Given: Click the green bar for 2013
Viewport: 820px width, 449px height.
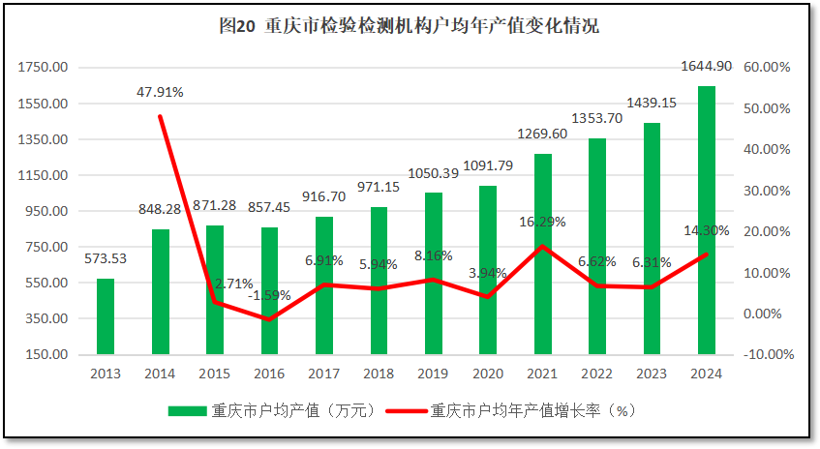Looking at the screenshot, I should tap(105, 316).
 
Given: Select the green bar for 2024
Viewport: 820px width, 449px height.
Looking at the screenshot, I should tap(707, 221).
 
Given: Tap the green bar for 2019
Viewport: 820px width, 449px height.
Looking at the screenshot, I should tap(433, 274).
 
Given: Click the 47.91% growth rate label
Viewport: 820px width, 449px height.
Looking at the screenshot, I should tap(160, 92).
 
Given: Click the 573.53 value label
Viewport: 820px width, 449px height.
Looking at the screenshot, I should tap(105, 258).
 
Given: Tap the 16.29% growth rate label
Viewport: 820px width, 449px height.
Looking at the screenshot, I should tap(542, 221).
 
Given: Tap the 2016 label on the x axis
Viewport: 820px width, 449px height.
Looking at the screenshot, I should tap(269, 373).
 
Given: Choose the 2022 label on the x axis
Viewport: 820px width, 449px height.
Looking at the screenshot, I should tap(597, 373).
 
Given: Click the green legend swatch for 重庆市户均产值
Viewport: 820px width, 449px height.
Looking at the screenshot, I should tap(188, 410).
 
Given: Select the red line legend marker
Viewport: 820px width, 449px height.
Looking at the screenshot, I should tap(406, 410).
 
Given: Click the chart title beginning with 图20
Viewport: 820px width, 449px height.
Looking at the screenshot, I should tap(410, 26).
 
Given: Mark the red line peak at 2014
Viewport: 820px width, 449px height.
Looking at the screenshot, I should tap(160, 116).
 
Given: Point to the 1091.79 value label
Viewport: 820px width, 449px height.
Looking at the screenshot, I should tap(488, 165).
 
